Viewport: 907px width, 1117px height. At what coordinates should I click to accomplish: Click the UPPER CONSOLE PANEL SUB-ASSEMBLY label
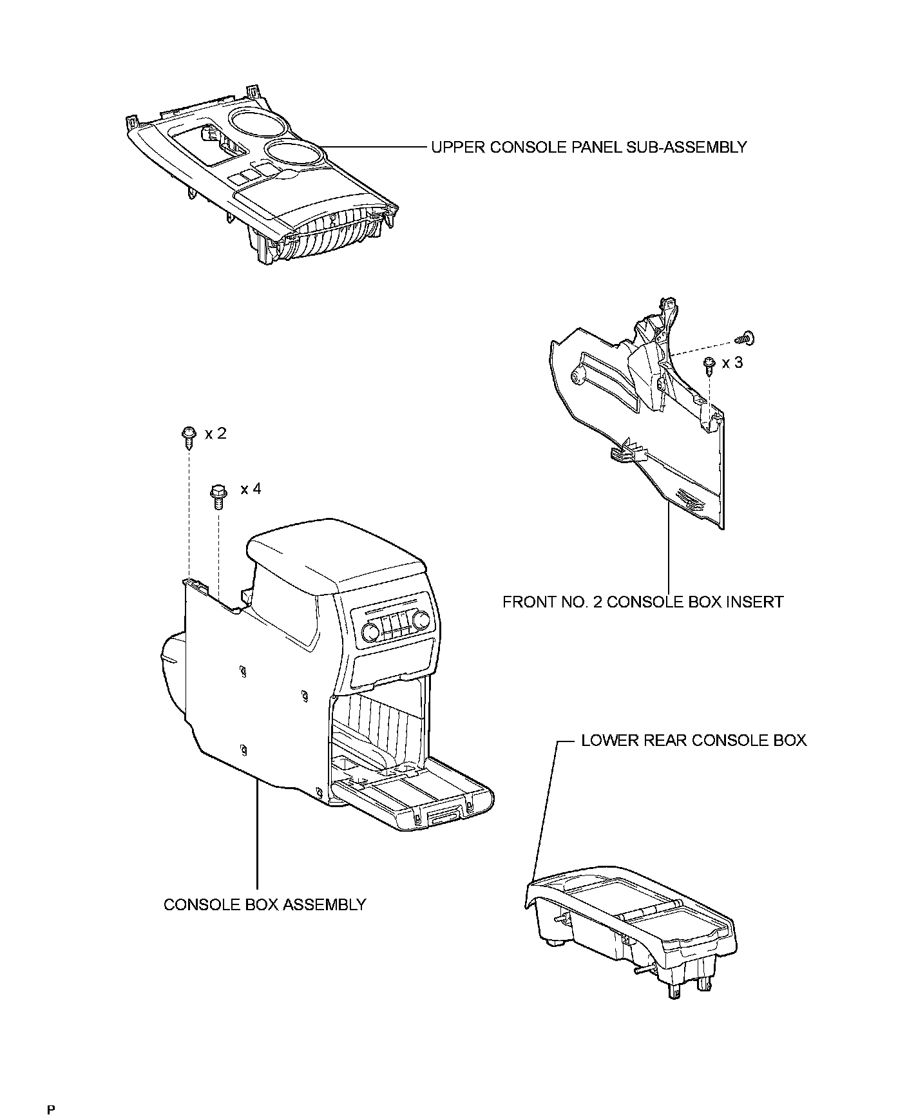(x=588, y=148)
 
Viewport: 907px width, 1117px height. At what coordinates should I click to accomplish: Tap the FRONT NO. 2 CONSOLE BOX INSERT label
(x=642, y=602)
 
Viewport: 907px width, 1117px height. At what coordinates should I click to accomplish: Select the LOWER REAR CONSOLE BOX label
(x=693, y=740)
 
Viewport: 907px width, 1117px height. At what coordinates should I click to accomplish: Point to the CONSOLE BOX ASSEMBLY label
(x=264, y=904)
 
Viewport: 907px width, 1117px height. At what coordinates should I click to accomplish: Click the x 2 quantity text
(x=216, y=434)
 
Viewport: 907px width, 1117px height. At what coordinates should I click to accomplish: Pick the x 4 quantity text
(x=251, y=489)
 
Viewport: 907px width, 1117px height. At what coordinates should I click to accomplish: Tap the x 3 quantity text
(x=732, y=363)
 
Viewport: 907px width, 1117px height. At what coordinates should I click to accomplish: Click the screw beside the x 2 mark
(x=189, y=437)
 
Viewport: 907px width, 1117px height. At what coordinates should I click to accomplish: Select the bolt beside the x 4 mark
(x=217, y=496)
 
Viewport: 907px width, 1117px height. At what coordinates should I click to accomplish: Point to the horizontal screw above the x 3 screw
(x=746, y=337)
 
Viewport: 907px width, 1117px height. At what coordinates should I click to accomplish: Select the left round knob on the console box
(x=372, y=632)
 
